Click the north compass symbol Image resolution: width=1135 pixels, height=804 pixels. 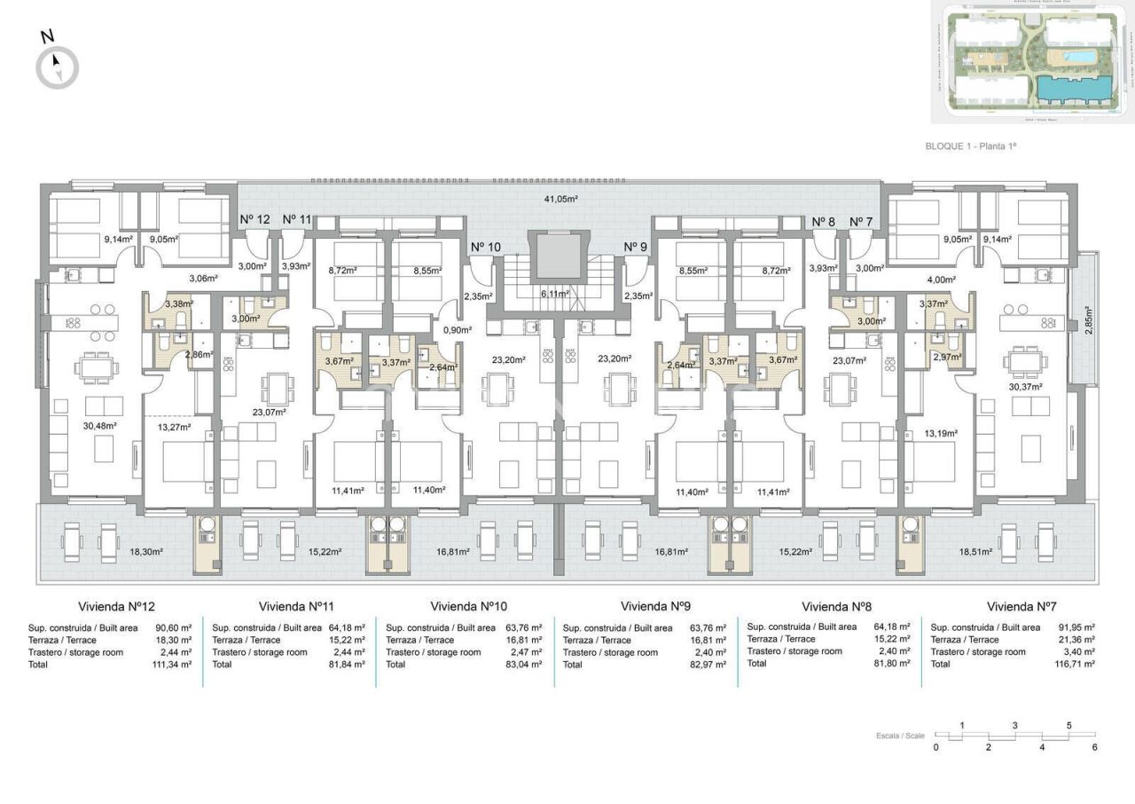57,66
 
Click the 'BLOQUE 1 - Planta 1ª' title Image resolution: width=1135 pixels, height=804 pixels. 970,146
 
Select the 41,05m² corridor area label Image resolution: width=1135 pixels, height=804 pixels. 560,200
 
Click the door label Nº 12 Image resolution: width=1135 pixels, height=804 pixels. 254,219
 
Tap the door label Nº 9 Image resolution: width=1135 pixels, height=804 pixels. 636,247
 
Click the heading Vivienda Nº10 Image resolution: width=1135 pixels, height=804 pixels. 468,607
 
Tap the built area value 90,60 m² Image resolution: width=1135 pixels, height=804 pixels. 173,627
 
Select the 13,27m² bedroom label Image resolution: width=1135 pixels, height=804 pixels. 174,426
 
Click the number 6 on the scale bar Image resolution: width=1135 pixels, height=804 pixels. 1095,747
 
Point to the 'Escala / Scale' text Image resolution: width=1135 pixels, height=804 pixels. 900,736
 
